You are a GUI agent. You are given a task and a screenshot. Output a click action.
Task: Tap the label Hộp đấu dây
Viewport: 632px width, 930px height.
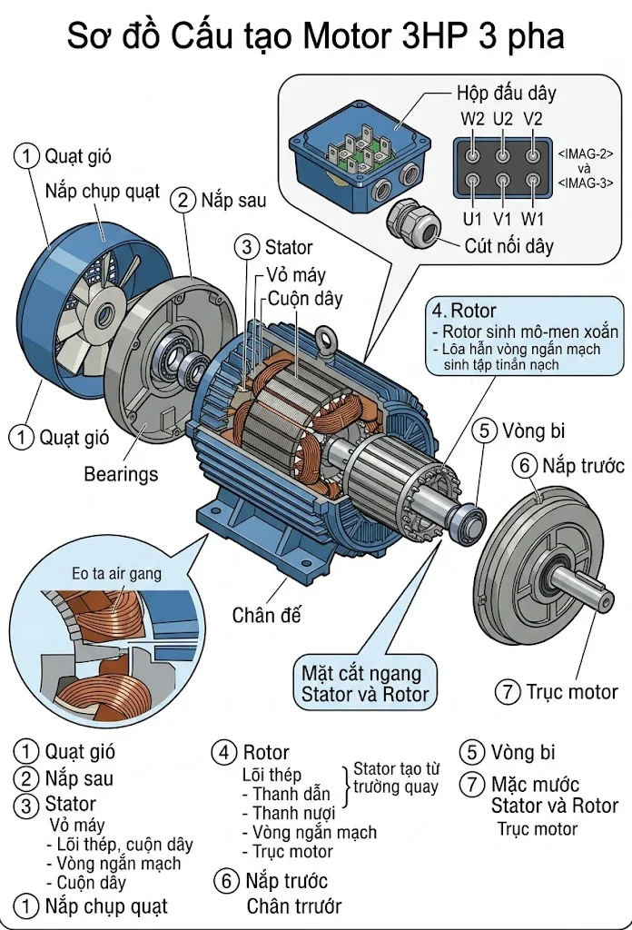click(x=505, y=94)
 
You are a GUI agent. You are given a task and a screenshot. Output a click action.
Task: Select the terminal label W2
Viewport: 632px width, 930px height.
click(x=472, y=119)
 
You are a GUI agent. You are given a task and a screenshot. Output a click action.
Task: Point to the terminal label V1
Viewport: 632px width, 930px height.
click(x=502, y=219)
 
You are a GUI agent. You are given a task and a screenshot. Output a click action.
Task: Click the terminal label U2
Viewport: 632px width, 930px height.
click(x=503, y=119)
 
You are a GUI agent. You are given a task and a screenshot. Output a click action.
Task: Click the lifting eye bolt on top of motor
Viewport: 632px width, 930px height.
click(x=324, y=340)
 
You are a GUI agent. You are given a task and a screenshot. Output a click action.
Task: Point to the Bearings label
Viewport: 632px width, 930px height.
click(x=121, y=474)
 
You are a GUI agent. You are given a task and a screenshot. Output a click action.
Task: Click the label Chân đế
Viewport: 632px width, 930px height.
click(x=266, y=615)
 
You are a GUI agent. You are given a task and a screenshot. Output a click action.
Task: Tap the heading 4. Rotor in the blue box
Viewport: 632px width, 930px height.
click(x=464, y=311)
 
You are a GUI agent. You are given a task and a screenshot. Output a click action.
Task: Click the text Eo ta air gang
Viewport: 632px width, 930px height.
click(x=116, y=573)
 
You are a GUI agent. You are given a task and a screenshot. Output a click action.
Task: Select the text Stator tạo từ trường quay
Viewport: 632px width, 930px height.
click(x=395, y=778)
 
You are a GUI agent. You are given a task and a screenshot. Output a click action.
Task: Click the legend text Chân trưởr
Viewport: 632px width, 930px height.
click(x=294, y=905)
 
